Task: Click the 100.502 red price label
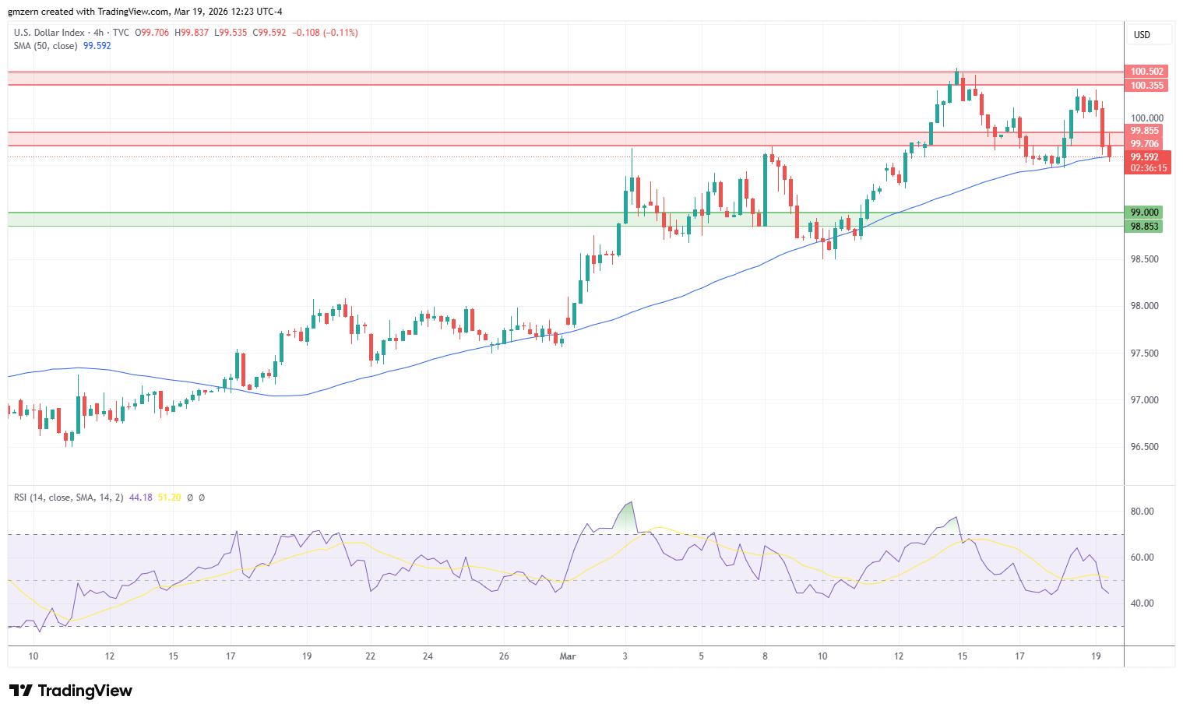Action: [x=1146, y=72]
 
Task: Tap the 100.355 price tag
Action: [x=1146, y=86]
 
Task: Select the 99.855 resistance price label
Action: [x=1145, y=131]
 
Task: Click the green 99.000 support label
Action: [x=1145, y=213]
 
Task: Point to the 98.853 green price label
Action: [x=1145, y=227]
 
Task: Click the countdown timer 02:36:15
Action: [x=1148, y=168]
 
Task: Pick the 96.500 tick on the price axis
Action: [x=1145, y=447]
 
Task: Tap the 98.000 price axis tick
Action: [x=1145, y=306]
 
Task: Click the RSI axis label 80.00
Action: [x=1143, y=512]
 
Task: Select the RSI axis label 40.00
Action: [x=1143, y=603]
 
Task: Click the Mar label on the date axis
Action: [x=568, y=656]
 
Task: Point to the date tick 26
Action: [x=504, y=656]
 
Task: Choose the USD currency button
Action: [x=1142, y=35]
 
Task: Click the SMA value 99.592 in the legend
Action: [x=97, y=46]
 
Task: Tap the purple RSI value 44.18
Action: [x=140, y=498]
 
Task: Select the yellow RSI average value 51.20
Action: [x=169, y=498]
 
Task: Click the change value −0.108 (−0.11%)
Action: [x=325, y=33]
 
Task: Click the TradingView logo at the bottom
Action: [x=71, y=691]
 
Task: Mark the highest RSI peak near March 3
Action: [x=631, y=503]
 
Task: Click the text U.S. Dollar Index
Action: [x=49, y=33]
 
